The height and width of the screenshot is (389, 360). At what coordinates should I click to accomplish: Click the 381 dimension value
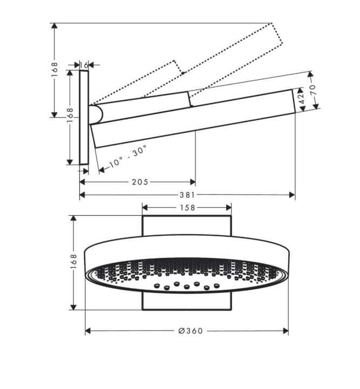coord(187,195)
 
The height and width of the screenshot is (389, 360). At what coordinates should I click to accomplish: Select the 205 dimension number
coord(140,182)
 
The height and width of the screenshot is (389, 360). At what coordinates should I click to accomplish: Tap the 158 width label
coord(187,208)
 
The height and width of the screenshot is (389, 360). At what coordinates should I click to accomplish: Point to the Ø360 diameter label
coord(191,331)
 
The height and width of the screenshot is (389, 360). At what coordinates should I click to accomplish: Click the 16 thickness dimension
coord(84,65)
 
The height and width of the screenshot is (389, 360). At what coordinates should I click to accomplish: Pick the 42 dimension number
coord(302,99)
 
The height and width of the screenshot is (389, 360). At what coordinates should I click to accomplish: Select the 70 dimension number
coord(314,90)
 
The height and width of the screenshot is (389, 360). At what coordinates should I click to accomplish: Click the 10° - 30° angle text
coord(128,156)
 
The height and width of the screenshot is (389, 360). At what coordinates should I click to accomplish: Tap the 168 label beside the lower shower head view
coord(74,261)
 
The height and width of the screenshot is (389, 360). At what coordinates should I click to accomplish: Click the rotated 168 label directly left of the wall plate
coord(70,115)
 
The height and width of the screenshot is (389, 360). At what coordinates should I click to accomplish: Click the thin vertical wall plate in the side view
coord(84,117)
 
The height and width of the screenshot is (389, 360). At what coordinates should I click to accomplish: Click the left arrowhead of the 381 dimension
coord(82,195)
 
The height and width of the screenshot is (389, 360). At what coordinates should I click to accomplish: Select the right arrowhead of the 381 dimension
coord(293,195)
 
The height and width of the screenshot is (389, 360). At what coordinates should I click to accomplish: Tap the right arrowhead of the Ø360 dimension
coord(286,331)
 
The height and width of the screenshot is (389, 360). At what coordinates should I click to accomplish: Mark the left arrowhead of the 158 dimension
coord(145,208)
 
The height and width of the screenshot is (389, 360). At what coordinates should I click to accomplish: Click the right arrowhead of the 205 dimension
coord(193,182)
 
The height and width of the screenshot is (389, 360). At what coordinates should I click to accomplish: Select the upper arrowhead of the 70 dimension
coord(310,74)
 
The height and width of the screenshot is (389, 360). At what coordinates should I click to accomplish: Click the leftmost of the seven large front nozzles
coord(157,285)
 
